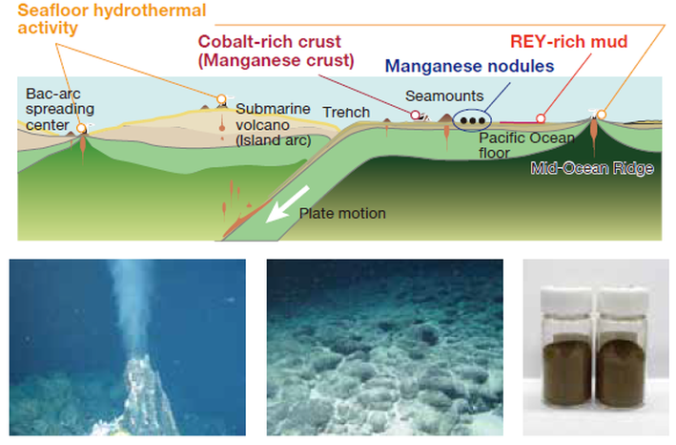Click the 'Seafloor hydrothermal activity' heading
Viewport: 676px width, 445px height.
(112, 19)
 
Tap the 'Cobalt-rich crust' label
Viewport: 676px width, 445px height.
(270, 42)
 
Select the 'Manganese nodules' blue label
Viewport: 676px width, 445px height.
(469, 66)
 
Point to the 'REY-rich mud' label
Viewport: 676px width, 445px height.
(568, 41)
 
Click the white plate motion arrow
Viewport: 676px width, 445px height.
(287, 204)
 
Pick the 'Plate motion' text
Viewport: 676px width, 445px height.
(342, 213)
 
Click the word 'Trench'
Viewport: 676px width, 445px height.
(346, 113)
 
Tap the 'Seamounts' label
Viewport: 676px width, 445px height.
(444, 95)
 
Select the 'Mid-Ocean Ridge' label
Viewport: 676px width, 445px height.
(592, 168)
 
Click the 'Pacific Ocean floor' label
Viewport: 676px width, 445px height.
(526, 145)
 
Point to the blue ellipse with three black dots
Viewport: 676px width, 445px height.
(472, 120)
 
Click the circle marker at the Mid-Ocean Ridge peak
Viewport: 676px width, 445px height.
(602, 115)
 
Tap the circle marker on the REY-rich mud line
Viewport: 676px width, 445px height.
(541, 118)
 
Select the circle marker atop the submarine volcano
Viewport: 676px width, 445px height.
(221, 99)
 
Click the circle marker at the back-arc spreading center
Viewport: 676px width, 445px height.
(81, 128)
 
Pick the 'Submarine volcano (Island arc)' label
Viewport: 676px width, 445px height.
(273, 125)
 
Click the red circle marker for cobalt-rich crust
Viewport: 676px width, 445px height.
(415, 115)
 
